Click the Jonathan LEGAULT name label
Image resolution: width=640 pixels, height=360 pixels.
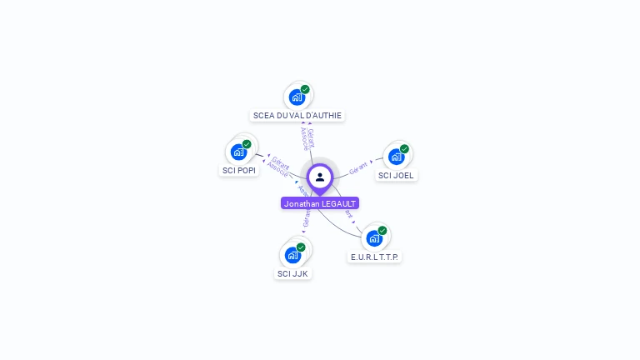(x=320, y=203)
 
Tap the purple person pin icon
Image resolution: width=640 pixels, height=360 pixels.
(x=320, y=177)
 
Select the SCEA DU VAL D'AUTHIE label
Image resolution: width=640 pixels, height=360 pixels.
(x=297, y=116)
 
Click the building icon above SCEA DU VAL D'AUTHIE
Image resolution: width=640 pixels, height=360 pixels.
(x=297, y=97)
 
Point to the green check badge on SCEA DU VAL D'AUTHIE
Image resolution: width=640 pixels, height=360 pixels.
(x=305, y=89)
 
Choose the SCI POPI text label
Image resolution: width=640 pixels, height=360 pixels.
(x=239, y=170)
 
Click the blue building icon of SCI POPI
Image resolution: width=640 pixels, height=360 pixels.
(x=238, y=152)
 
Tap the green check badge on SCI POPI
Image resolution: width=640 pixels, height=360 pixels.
(x=247, y=144)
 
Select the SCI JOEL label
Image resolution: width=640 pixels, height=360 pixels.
(x=396, y=175)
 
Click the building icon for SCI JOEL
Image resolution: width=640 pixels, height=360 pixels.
(x=396, y=157)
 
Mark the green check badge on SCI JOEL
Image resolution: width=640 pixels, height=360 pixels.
(x=404, y=149)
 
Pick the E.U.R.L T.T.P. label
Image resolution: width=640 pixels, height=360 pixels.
(x=374, y=257)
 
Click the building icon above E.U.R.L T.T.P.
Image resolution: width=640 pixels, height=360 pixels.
(x=374, y=238)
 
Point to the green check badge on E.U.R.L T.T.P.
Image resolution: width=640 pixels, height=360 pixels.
(x=382, y=231)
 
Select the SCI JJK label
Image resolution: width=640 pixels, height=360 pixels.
(x=292, y=273)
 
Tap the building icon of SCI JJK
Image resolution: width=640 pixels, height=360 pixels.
(x=292, y=254)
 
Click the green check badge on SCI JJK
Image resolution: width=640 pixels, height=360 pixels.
(x=301, y=247)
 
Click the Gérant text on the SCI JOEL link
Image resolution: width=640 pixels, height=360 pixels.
(x=358, y=167)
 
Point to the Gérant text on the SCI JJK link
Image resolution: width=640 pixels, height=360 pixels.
(x=306, y=219)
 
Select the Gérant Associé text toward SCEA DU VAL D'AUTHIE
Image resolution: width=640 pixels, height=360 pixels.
(x=307, y=137)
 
